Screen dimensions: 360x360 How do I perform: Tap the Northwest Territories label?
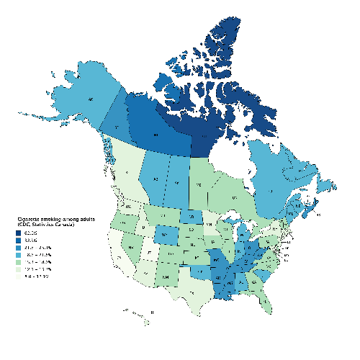pyautogui.click(x=156, y=135)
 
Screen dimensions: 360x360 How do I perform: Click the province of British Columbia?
pyautogui.click(x=127, y=174)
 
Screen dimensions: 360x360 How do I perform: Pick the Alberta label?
pyautogui.click(x=153, y=179)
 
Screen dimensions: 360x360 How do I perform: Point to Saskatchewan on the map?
pyautogui.click(x=176, y=184)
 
